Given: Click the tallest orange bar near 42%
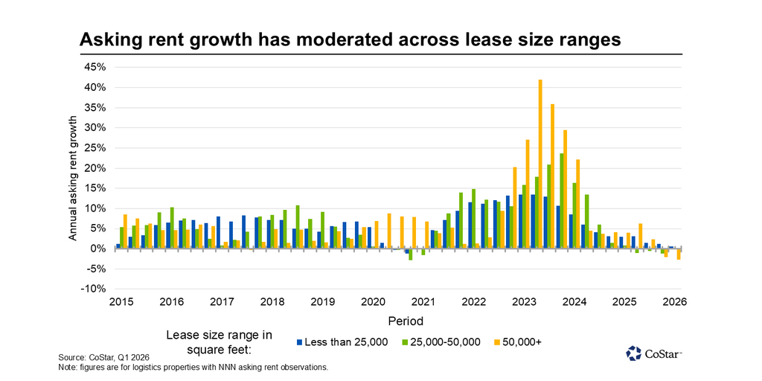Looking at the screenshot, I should [540, 164].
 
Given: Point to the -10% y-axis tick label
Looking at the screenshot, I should [94, 289].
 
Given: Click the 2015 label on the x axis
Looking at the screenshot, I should [121, 302].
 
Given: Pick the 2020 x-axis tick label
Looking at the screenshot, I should [373, 302].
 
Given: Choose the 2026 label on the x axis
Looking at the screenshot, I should [674, 302].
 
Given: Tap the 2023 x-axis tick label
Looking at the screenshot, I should [524, 302].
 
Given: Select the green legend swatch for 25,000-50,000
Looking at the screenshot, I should [406, 342].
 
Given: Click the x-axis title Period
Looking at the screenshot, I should [405, 321].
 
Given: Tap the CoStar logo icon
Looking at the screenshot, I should [633, 353].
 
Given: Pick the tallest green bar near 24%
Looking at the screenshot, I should [562, 201].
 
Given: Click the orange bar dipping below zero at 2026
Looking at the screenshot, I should [679, 254].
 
